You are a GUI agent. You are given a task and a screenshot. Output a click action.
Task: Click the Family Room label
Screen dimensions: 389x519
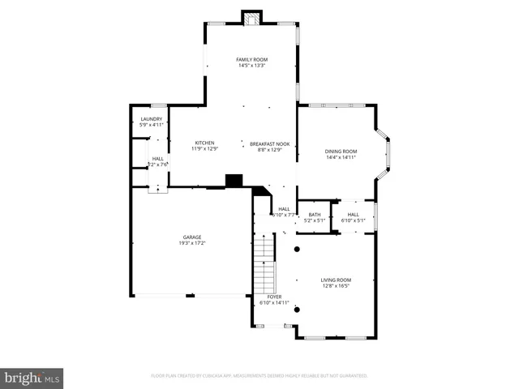pos(251,59)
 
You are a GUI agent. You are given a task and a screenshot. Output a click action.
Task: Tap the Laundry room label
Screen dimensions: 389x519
pos(152,119)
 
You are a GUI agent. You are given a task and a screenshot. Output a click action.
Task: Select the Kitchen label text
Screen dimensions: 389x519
pos(204,143)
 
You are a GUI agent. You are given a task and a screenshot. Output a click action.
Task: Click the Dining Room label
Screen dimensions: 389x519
pos(341,152)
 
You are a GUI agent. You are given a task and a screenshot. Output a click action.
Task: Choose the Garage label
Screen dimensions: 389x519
pos(191,237)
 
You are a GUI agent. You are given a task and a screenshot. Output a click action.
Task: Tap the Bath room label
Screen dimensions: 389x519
pos(314,215)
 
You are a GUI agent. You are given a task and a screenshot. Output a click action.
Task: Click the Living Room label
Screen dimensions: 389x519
pos(334,280)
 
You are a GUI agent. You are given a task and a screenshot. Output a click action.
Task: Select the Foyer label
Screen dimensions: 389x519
pos(268,297)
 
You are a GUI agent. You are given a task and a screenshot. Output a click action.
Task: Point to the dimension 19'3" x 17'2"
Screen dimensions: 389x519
pos(191,243)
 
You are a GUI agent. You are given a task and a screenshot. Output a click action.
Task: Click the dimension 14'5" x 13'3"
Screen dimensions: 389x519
pos(251,66)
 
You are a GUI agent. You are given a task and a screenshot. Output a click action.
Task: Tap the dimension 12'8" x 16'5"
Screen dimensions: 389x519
pos(334,285)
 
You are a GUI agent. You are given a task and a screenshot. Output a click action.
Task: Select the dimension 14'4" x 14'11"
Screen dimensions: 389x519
pos(341,158)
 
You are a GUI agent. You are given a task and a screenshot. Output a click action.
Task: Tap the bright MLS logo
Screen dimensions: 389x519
pos(32,377)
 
